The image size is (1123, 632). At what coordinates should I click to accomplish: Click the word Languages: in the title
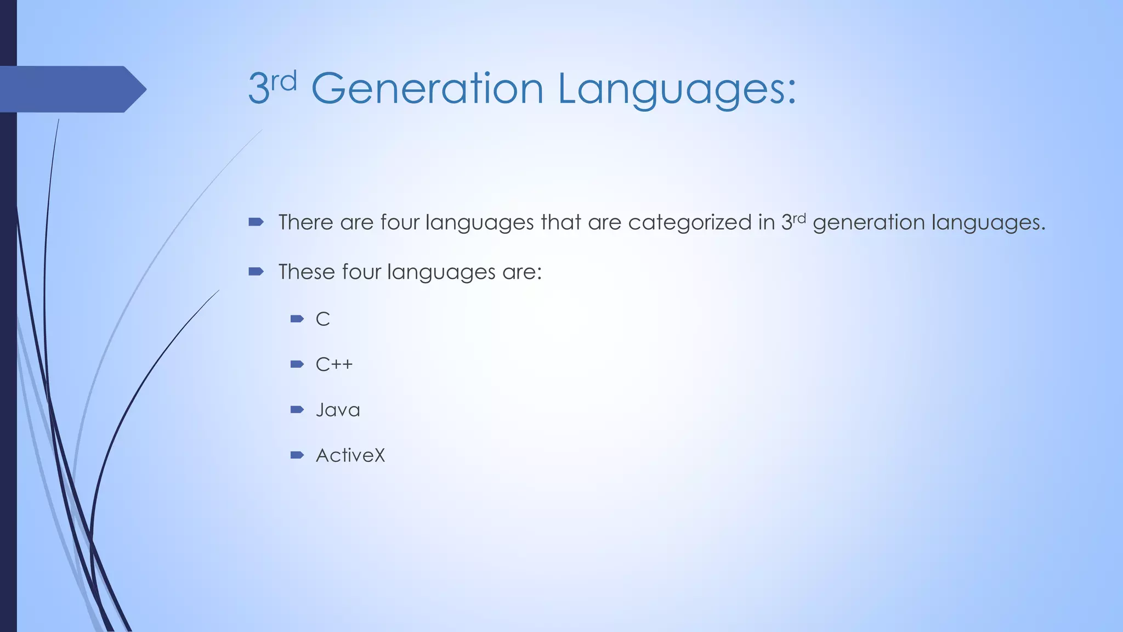pos(677,89)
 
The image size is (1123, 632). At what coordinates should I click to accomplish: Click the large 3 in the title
pos(258,89)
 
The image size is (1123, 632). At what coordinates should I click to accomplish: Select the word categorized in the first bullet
pos(690,222)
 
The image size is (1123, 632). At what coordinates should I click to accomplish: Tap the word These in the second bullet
pos(307,272)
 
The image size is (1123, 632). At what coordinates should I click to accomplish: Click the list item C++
pos(334,364)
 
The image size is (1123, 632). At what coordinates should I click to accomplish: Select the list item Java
pos(338,410)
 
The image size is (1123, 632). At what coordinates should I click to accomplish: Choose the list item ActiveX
pos(350,455)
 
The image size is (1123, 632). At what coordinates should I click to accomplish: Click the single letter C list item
pos(322,319)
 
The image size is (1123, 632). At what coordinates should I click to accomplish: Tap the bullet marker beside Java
pos(297,409)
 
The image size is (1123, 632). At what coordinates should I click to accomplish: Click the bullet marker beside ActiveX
pos(297,455)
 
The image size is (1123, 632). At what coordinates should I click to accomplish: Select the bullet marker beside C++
pos(297,364)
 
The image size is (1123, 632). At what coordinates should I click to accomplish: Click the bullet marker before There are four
pos(256,222)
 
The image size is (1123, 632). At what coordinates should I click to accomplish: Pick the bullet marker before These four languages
pos(256,271)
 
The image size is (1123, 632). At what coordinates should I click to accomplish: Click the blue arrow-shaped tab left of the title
pos(71,89)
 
